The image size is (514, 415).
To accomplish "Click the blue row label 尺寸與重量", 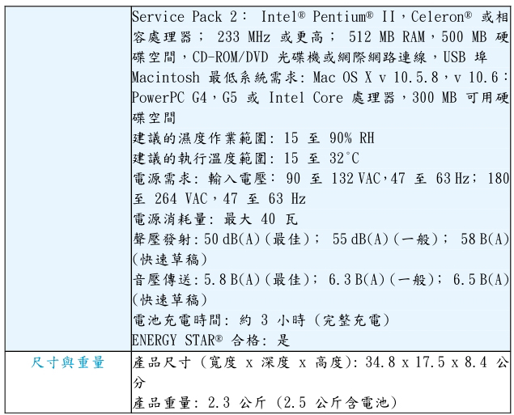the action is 68,362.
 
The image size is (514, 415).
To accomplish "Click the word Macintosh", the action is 166,78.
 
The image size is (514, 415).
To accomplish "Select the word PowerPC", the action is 158,98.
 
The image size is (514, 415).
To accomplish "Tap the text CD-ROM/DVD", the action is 230,57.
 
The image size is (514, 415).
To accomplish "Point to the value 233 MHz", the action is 244,37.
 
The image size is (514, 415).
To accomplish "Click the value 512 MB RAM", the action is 386,37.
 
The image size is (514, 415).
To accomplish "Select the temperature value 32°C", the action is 344,159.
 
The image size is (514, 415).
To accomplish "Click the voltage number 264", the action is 166,199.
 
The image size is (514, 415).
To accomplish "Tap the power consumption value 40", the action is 268,219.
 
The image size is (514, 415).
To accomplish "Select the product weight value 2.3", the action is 219,403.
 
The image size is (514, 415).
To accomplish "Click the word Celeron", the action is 438,17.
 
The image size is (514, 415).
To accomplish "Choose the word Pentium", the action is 339,17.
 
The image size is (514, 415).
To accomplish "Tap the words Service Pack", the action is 176,17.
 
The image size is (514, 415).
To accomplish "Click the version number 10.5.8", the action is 416,78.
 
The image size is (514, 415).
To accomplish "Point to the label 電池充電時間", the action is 176,320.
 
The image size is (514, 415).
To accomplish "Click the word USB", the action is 454,57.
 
